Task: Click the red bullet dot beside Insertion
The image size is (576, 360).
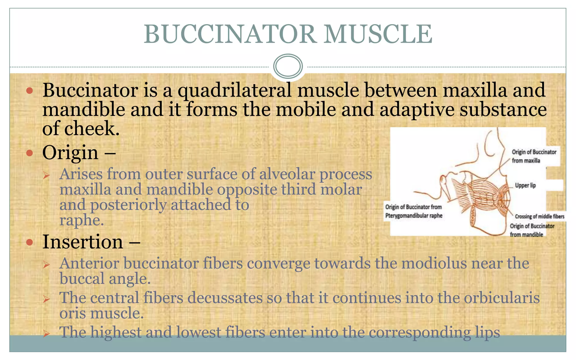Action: pyautogui.click(x=30, y=242)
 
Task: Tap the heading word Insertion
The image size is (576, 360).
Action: pyautogui.click(x=83, y=242)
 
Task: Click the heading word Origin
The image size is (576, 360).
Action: pyautogui.click(x=70, y=153)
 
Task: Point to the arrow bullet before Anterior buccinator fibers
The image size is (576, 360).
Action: pyautogui.click(x=46, y=264)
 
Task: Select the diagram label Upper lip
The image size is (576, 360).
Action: pyautogui.click(x=525, y=185)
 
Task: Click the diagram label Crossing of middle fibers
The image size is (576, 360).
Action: pyautogui.click(x=539, y=216)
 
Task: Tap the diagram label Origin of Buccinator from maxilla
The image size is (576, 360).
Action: pyautogui.click(x=534, y=156)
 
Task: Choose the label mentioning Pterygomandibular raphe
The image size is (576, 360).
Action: pyautogui.click(x=413, y=211)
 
